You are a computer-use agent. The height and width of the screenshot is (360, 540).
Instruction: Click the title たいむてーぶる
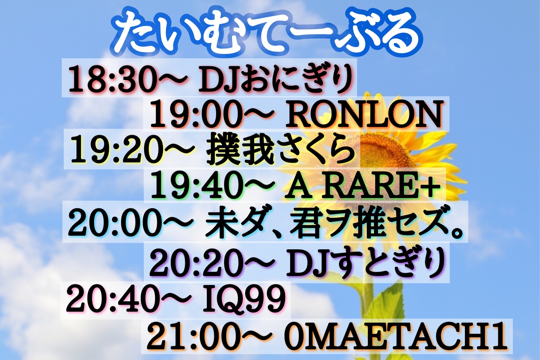coord(267,34)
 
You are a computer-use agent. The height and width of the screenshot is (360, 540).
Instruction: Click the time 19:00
coord(195,115)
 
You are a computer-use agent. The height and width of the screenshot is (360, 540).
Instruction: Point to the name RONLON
coord(364,115)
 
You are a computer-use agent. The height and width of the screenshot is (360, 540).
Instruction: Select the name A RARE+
coord(361,186)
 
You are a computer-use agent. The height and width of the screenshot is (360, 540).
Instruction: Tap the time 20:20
coord(195,263)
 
